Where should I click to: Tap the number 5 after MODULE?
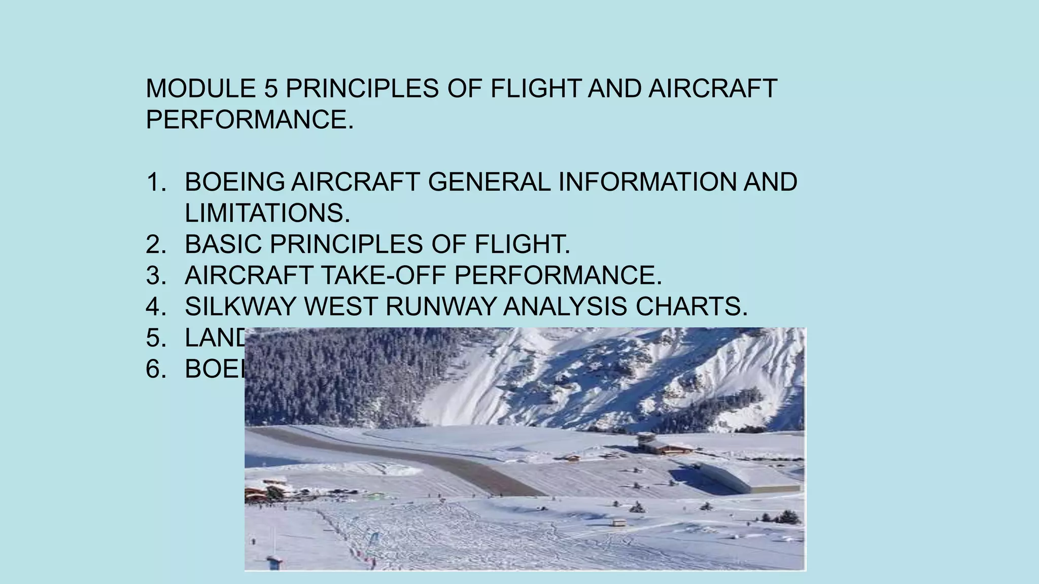[271, 89]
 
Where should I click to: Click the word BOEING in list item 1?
[234, 182]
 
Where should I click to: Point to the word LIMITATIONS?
[267, 213]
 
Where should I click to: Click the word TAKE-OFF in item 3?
[383, 276]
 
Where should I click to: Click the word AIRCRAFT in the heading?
[712, 89]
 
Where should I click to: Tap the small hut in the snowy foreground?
[618, 522]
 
